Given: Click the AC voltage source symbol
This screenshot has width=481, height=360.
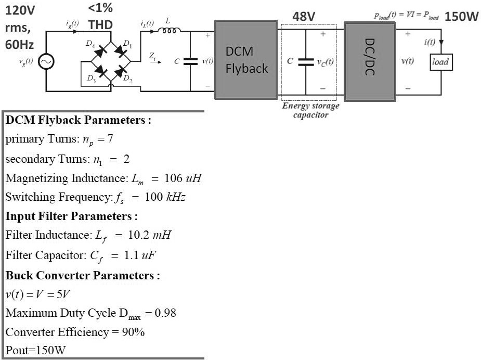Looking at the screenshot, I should [46, 62].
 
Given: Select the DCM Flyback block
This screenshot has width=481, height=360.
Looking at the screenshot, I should [246, 60].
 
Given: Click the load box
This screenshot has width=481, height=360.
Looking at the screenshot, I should [440, 62].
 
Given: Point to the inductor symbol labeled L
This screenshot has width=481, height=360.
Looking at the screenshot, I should [170, 30].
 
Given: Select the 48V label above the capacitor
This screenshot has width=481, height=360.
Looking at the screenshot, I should [304, 17].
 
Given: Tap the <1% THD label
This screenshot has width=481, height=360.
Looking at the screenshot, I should [100, 17].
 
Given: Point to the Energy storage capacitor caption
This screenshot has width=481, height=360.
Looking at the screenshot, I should [310, 110].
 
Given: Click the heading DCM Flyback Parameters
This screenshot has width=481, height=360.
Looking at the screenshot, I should [78, 120].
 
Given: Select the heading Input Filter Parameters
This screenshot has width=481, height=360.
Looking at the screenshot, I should [71, 216].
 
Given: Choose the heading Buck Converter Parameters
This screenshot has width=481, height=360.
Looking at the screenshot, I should [83, 275].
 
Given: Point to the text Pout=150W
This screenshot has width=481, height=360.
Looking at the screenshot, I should [35, 350].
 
